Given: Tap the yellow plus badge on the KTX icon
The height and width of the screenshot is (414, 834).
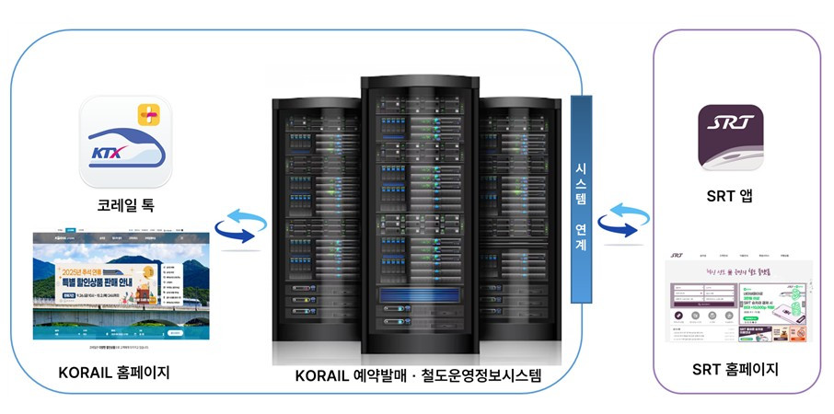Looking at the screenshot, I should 148,115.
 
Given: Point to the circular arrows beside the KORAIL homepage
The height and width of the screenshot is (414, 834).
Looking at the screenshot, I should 240,227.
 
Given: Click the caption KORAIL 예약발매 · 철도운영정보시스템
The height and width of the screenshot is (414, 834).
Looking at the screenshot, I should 419,376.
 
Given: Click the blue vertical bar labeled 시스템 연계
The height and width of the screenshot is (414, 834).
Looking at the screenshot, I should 581,199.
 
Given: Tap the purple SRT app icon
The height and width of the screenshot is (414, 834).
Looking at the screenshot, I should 730,137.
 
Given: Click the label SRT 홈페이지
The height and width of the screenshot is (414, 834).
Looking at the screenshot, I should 735,370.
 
